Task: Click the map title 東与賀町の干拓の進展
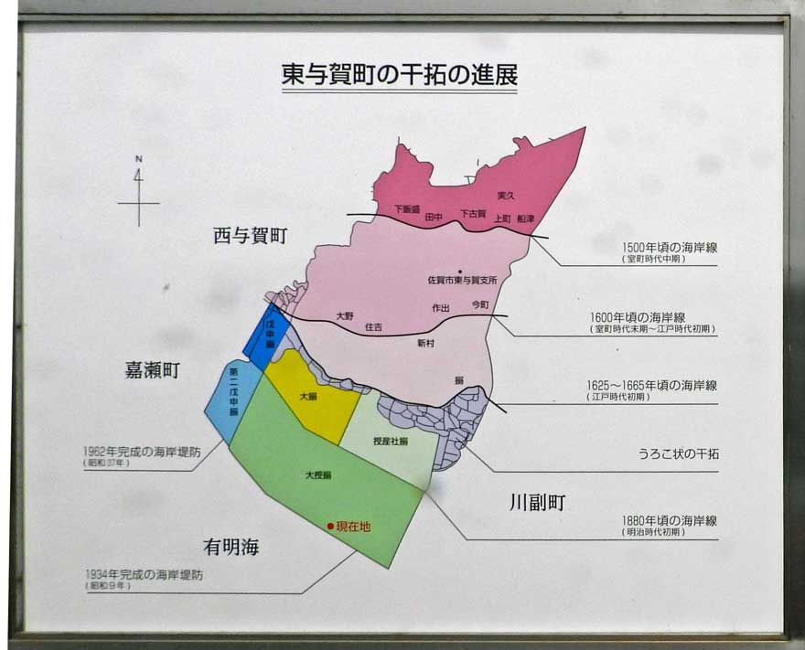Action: click(399, 74)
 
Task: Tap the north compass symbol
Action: click(138, 193)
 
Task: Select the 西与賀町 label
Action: click(250, 236)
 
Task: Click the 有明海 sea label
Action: click(231, 547)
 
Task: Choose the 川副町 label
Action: click(538, 502)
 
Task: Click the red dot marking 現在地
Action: click(331, 527)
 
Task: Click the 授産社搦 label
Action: click(391, 442)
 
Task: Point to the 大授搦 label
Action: click(318, 475)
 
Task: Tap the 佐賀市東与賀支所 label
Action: click(462, 280)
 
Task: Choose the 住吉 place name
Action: click(373, 326)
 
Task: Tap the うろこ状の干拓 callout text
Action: click(679, 454)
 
